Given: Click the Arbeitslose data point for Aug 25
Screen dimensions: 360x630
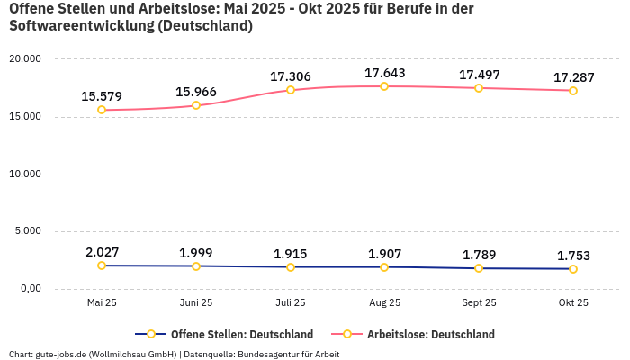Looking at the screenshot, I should [x=384, y=86].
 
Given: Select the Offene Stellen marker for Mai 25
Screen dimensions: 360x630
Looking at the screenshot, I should [x=102, y=265].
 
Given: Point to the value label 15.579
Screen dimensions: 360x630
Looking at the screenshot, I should [x=102, y=96].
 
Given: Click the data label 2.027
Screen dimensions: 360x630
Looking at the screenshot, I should [x=102, y=252].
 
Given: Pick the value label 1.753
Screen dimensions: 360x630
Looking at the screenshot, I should [x=573, y=256].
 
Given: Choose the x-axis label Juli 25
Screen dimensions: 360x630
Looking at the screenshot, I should [x=290, y=302].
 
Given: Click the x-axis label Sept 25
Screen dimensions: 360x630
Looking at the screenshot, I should [x=479, y=302].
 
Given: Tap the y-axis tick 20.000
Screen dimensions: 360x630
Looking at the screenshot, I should [x=25, y=59].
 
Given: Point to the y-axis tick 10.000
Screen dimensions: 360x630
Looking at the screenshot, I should [x=25, y=174].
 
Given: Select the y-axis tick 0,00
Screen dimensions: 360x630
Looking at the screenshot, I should [x=31, y=289].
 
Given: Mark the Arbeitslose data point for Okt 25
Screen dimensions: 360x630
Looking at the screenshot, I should [x=573, y=91].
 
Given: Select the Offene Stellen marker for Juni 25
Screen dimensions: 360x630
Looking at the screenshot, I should [x=196, y=266].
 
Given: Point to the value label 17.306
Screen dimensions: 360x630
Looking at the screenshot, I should [x=290, y=76].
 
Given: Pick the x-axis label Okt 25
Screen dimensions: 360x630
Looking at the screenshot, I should [x=573, y=302].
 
